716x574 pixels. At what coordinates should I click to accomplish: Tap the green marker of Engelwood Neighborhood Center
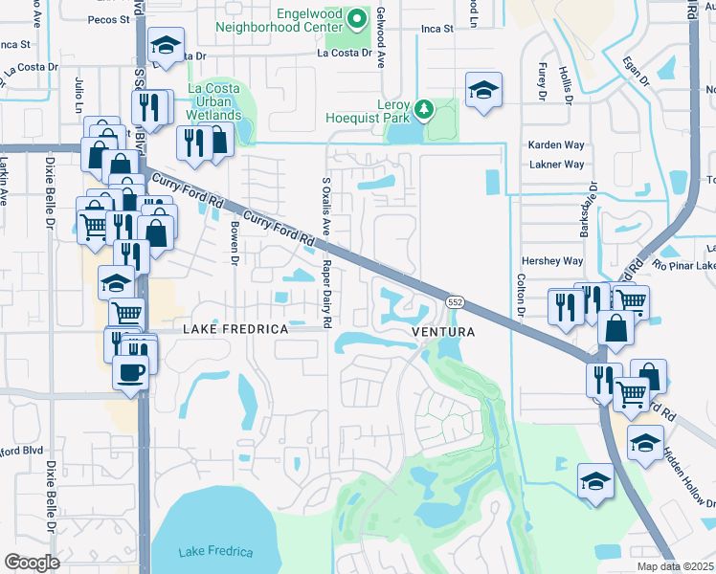[357, 18]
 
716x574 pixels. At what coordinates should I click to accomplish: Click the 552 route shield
[456, 301]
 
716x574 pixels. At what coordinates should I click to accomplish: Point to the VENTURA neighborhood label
[443, 332]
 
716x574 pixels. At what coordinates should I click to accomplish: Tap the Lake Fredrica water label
[215, 552]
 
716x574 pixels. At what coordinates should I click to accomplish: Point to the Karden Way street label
[556, 145]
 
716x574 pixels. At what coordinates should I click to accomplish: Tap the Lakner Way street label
[556, 165]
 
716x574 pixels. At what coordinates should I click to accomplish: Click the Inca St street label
[436, 30]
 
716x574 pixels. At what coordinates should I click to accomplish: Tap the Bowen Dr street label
[233, 239]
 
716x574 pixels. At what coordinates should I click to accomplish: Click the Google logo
[32, 563]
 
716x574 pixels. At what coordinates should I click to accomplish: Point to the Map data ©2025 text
[676, 566]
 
